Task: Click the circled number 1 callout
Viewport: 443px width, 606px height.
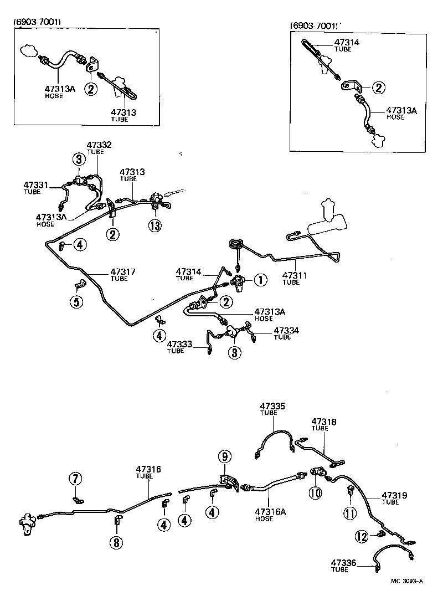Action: (x=259, y=280)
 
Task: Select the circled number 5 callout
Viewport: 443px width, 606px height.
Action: (x=76, y=302)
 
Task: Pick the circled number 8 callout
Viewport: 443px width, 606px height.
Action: (x=116, y=542)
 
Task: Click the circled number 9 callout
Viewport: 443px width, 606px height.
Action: (x=224, y=456)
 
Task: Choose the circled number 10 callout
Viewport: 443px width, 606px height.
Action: (x=315, y=492)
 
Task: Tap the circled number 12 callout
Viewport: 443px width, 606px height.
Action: (x=362, y=536)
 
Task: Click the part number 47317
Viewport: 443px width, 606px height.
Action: (x=123, y=271)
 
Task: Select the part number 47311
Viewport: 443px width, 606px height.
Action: (x=295, y=275)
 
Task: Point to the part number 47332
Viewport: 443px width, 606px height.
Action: (x=99, y=145)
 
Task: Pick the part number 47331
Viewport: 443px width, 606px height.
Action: (x=36, y=184)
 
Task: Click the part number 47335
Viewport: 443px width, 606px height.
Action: (x=272, y=406)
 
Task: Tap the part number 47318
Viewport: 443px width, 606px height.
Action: (x=324, y=422)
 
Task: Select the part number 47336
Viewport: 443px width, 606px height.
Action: (x=344, y=563)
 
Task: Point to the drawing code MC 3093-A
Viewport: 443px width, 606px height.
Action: (x=406, y=581)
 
